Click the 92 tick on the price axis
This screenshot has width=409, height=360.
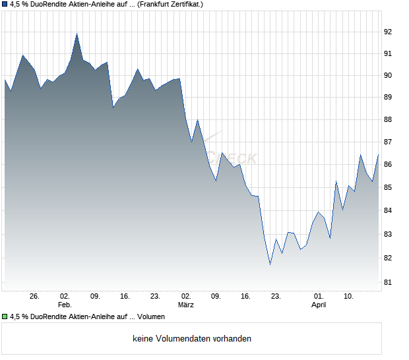click(389, 32)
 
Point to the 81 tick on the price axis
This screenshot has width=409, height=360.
click(389, 283)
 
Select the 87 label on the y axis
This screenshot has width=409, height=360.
click(389, 142)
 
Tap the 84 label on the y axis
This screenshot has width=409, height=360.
click(389, 211)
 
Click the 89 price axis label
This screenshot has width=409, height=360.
click(389, 98)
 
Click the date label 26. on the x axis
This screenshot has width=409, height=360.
click(35, 296)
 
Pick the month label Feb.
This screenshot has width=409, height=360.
click(64, 305)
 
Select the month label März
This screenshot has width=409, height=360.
click(186, 305)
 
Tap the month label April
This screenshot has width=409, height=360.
click(319, 305)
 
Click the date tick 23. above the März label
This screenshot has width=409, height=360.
click(155, 296)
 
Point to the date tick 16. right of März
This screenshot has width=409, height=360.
click(245, 296)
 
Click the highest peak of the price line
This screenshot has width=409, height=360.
click(77, 34)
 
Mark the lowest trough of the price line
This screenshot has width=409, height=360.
click(270, 264)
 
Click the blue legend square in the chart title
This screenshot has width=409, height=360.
click(5, 5)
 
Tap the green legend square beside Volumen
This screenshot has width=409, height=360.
click(5, 316)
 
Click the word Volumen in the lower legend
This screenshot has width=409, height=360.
click(151, 316)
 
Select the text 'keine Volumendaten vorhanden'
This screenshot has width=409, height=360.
click(192, 339)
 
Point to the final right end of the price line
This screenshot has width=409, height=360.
click(378, 155)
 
